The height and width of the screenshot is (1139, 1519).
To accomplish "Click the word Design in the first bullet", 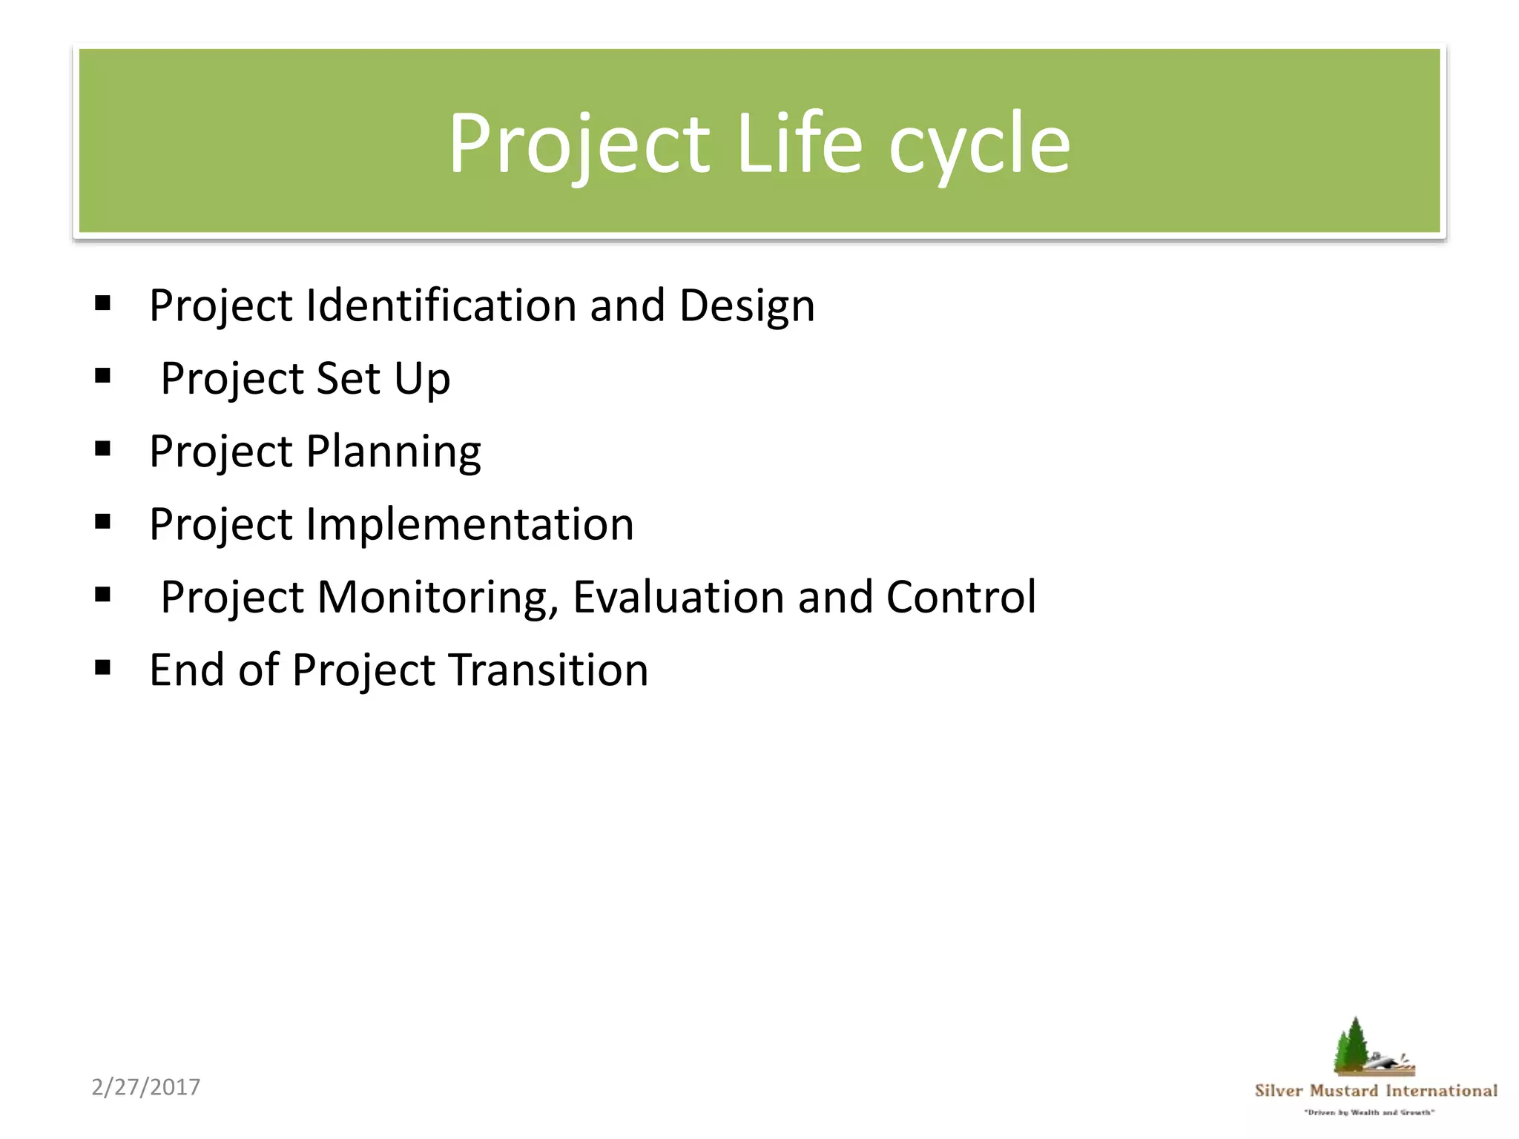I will [x=747, y=306].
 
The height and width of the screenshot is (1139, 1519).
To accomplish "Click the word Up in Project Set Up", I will [x=421, y=380].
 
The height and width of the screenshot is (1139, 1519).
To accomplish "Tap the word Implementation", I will [x=469, y=524].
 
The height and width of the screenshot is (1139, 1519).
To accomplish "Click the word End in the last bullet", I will [x=187, y=670].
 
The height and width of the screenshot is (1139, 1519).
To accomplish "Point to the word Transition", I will [x=548, y=670].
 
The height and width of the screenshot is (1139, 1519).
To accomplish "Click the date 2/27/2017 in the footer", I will [x=146, y=1087].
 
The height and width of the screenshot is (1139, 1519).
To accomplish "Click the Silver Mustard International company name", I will [x=1375, y=1090].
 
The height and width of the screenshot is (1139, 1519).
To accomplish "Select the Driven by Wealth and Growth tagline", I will [x=1369, y=1112].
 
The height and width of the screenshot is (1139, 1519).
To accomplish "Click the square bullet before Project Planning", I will [x=103, y=449].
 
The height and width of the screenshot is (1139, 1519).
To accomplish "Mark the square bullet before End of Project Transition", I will [x=103, y=668].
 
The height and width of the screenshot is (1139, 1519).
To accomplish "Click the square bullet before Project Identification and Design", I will [x=103, y=303].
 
